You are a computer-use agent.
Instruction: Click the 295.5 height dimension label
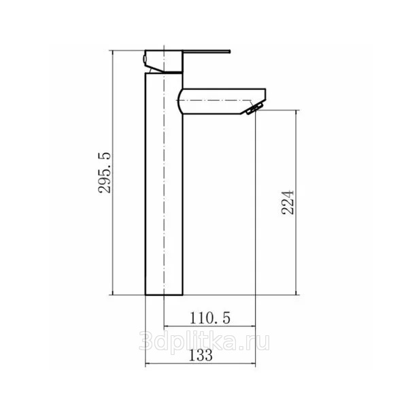105,173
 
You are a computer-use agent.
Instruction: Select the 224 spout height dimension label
288,202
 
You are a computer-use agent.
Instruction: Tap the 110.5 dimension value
209,318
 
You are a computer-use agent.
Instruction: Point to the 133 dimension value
201,355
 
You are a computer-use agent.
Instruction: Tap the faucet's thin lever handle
207,51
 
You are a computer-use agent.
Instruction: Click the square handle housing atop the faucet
164,61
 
